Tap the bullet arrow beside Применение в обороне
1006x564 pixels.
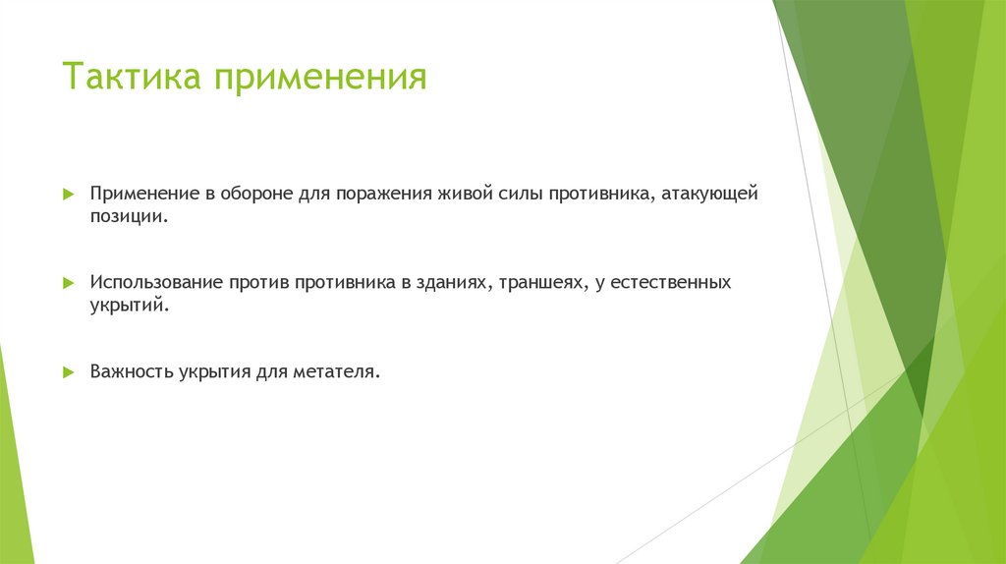point(68,195)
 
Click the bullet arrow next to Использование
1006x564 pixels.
point(68,283)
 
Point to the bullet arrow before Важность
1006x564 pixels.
point(68,372)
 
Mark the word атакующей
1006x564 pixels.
point(709,195)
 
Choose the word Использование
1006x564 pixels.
point(157,283)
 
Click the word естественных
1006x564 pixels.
point(672,283)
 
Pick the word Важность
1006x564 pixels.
point(132,372)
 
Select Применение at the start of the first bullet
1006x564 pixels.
point(145,195)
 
